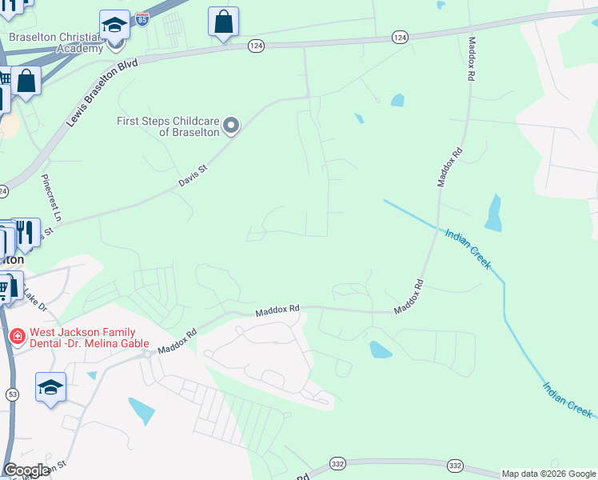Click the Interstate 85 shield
142,19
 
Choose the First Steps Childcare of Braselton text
167,126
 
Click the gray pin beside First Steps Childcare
231,125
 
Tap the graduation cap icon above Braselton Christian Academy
115,24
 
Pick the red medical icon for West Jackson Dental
16,337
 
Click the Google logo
27,471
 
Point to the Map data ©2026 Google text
548,474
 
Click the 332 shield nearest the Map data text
456,466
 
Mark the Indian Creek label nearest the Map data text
568,398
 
